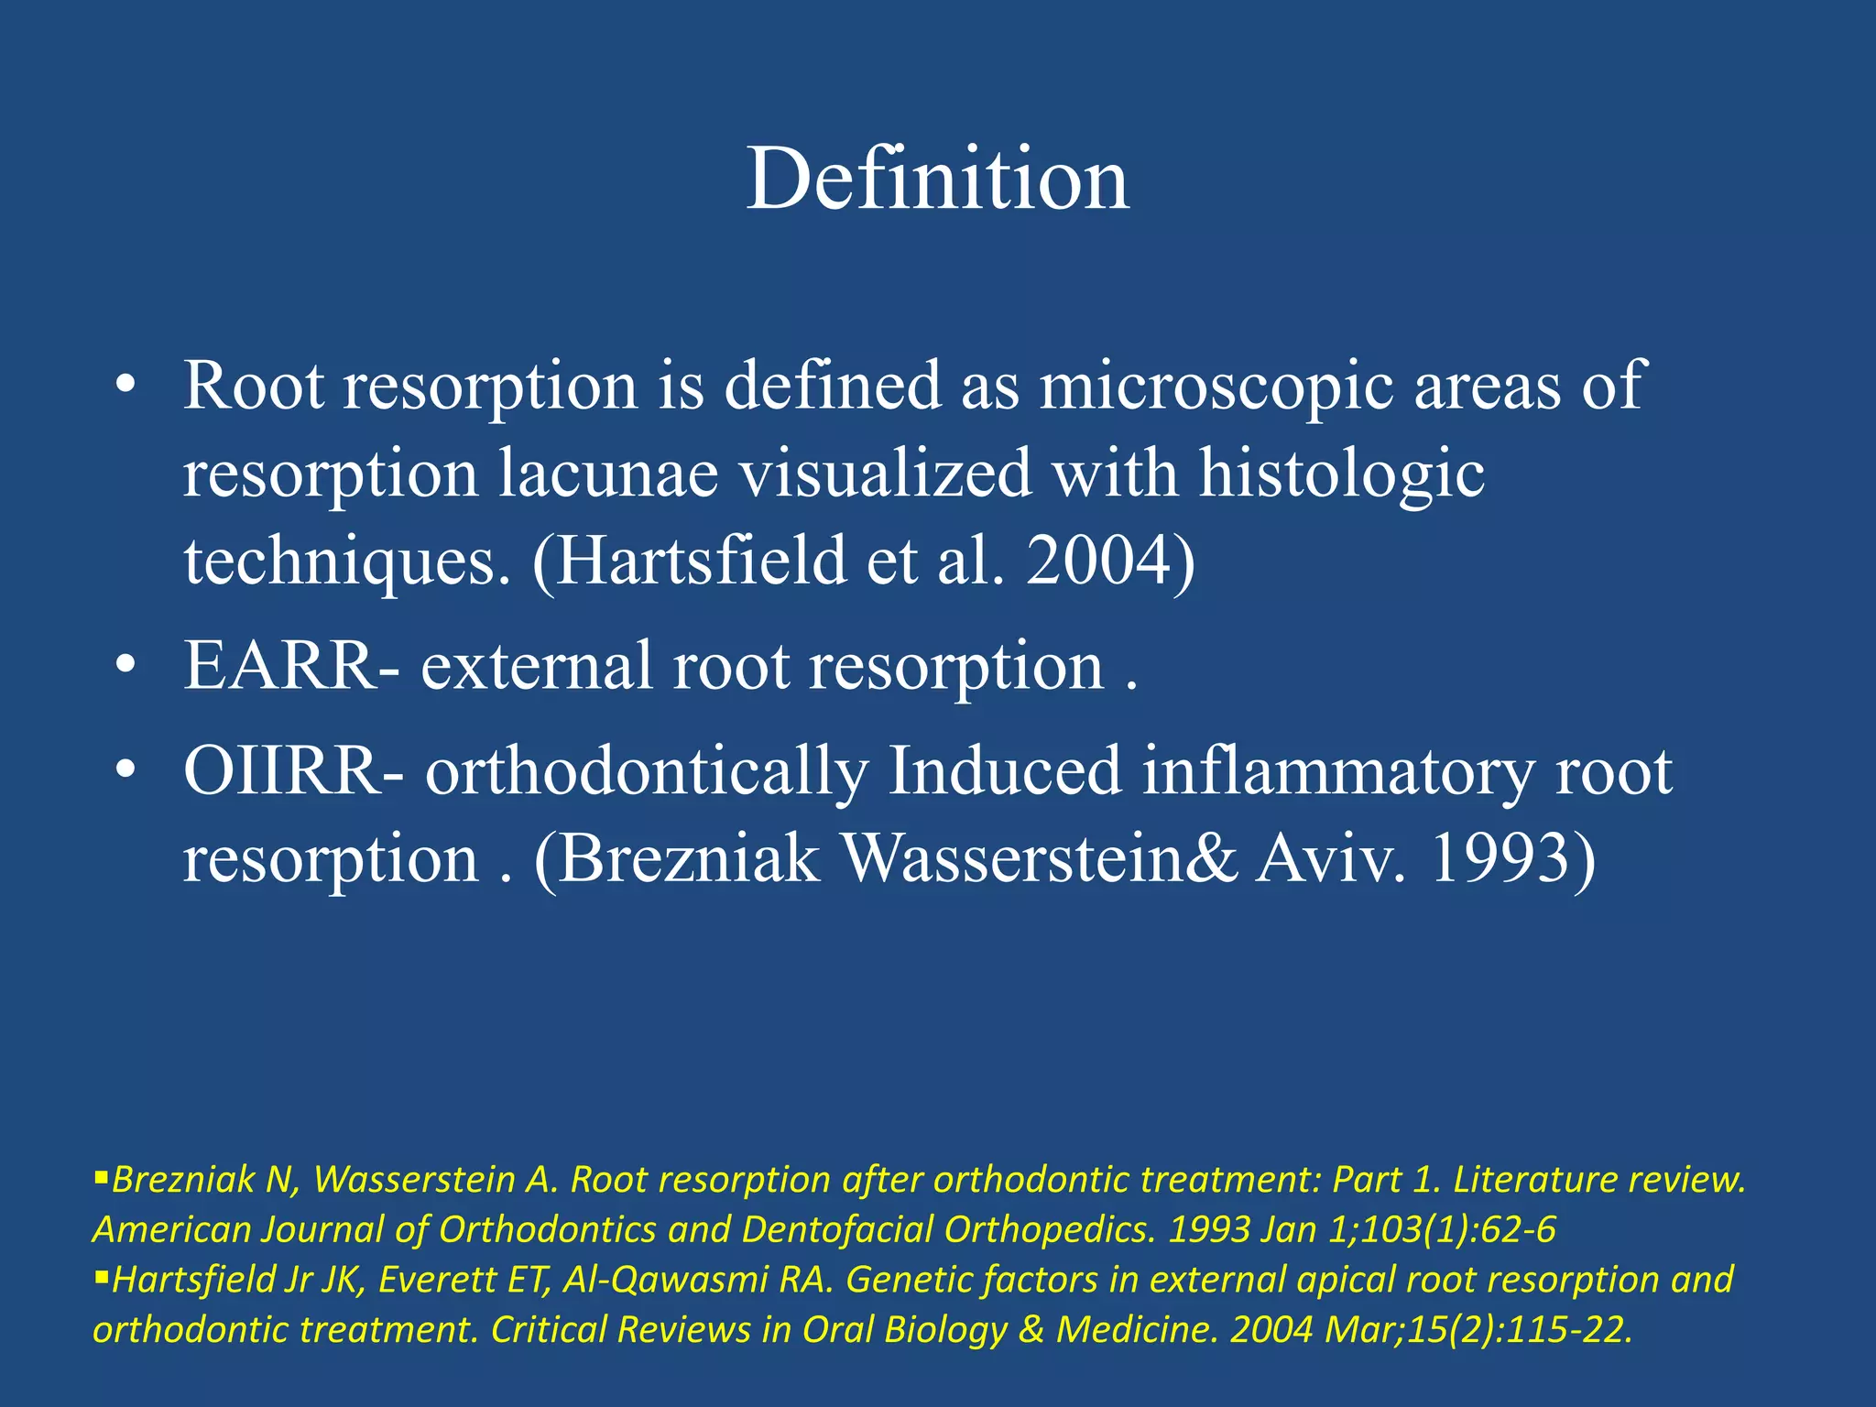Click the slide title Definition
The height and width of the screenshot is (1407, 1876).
pyautogui.click(x=937, y=179)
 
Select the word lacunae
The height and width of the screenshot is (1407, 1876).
pyautogui.click(x=607, y=474)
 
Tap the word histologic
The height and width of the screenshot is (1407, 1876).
pyautogui.click(x=1342, y=474)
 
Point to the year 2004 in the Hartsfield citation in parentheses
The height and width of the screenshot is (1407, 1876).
pyautogui.click(x=1097, y=560)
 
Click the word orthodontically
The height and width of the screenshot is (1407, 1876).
pyautogui.click(x=646, y=770)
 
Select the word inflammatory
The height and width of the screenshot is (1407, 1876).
pyautogui.click(x=1336, y=770)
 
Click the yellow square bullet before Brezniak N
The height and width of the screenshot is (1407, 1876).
pyautogui.click(x=101, y=1175)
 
